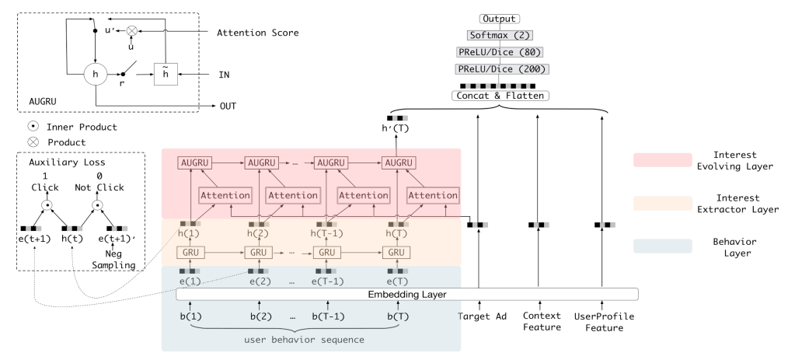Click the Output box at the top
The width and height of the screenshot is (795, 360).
500,19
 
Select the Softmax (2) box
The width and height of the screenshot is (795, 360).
500,36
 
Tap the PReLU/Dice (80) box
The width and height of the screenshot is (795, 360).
500,52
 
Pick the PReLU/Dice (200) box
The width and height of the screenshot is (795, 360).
500,69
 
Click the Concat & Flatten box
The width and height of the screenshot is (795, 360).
500,96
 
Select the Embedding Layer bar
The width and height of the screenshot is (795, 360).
407,295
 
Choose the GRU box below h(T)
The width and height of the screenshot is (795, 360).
396,253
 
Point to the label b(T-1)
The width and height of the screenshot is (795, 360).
328,316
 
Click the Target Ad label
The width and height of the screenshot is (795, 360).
479,316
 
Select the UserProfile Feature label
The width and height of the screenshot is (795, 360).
603,322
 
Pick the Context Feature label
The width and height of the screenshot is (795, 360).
542,322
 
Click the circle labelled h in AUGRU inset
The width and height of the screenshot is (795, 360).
96,75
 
